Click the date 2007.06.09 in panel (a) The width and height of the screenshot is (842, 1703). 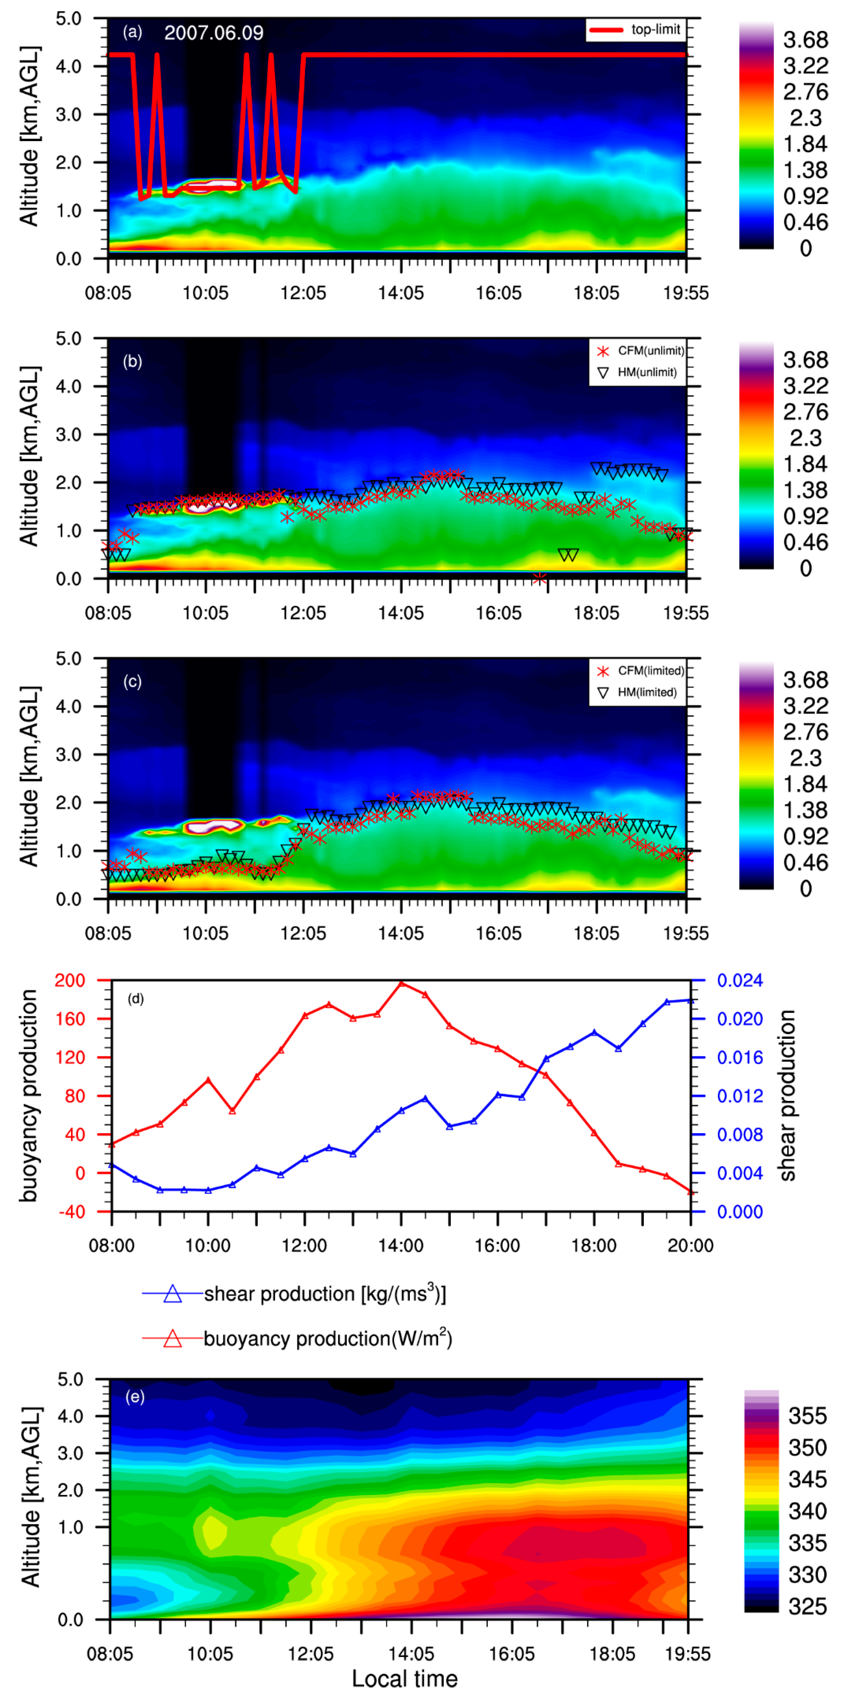point(214,32)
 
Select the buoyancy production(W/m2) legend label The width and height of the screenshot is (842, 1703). point(327,1339)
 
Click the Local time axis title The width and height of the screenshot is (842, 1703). point(405,1678)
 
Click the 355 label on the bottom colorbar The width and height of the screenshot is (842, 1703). point(807,1416)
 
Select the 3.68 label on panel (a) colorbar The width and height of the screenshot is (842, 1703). point(805,40)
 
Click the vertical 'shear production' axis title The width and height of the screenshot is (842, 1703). point(787,1095)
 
